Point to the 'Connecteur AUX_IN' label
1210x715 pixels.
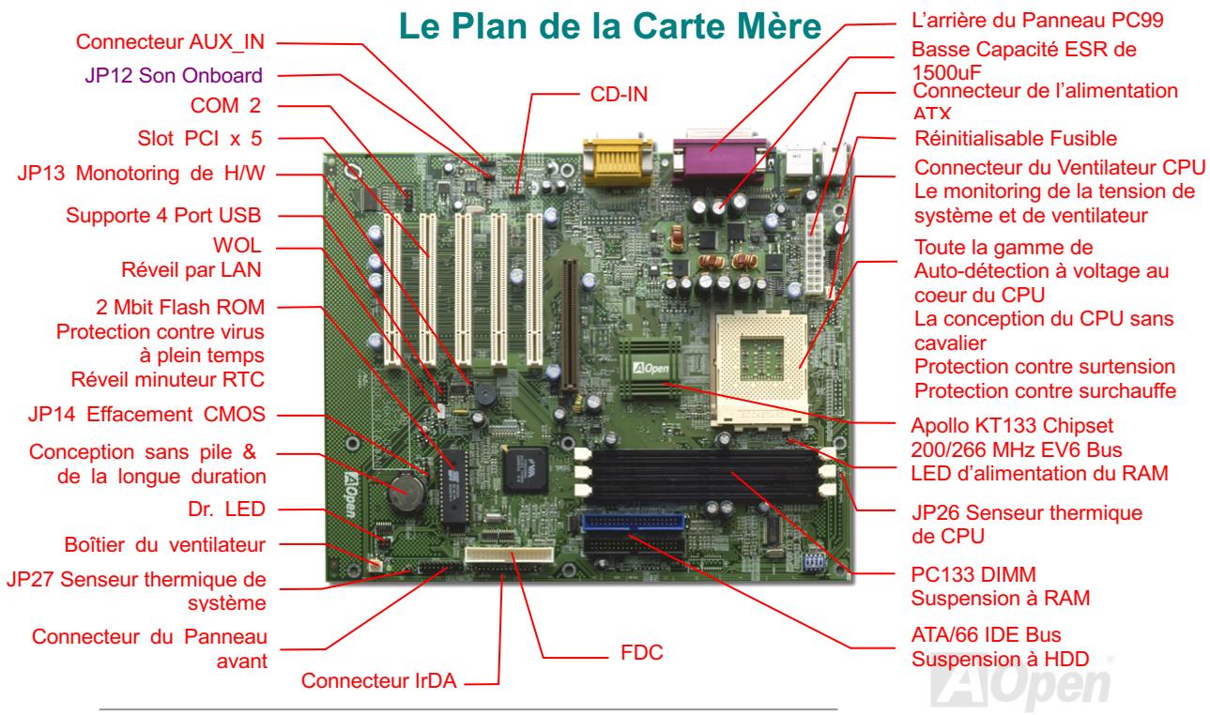tap(171, 41)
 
